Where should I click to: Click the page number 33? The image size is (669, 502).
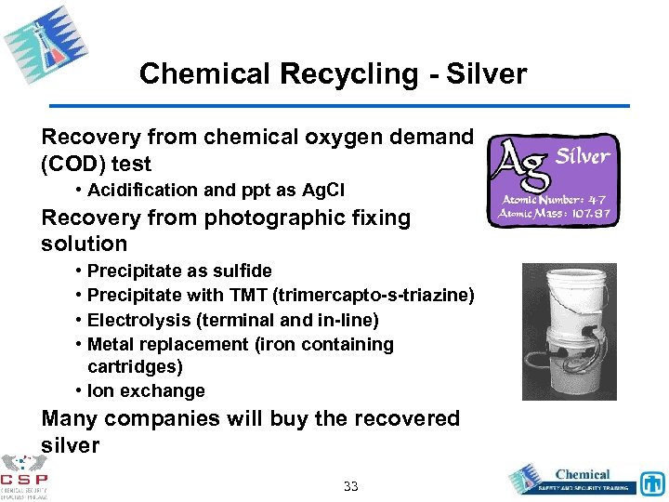351,486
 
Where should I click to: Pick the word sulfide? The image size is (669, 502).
240,271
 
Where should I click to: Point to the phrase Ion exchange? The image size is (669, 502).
146,391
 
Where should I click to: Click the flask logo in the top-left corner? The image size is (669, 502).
39,42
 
